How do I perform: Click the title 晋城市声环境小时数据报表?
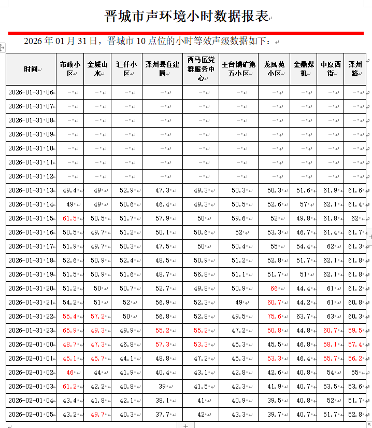[x=186, y=16]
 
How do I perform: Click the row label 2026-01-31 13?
[x=31, y=190]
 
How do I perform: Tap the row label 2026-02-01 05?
[x=31, y=415]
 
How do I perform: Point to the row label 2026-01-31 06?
[x=31, y=92]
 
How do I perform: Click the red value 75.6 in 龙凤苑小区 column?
[x=274, y=316]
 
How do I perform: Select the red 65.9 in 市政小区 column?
[x=70, y=330]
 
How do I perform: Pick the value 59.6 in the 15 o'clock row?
[x=239, y=218]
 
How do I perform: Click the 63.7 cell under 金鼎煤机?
[x=304, y=316]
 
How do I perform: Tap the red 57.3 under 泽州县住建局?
[x=162, y=344]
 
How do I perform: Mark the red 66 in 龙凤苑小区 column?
[x=274, y=288]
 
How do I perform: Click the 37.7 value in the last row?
[x=162, y=415]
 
